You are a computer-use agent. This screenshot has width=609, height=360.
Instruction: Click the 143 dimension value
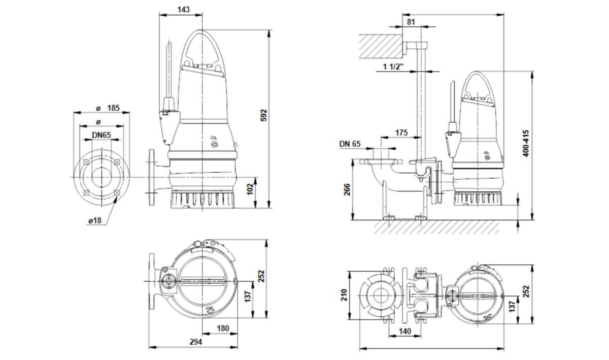184,9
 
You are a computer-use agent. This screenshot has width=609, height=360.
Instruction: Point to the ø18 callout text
95,221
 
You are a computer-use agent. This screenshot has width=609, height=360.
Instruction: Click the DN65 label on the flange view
101,135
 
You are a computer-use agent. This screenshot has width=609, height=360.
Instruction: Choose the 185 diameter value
113,108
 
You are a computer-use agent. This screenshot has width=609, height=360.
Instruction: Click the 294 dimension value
195,342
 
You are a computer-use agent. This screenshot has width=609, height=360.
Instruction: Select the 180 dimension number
223,328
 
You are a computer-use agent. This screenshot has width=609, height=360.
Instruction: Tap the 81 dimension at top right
411,22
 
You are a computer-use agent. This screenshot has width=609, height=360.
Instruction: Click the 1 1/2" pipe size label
393,67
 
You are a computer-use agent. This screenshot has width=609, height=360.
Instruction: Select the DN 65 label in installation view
350,144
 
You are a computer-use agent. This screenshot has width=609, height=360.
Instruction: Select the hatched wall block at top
380,46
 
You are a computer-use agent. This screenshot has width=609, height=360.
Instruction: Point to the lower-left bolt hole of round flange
86,193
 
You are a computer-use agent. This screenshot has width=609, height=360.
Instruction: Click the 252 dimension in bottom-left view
261,275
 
